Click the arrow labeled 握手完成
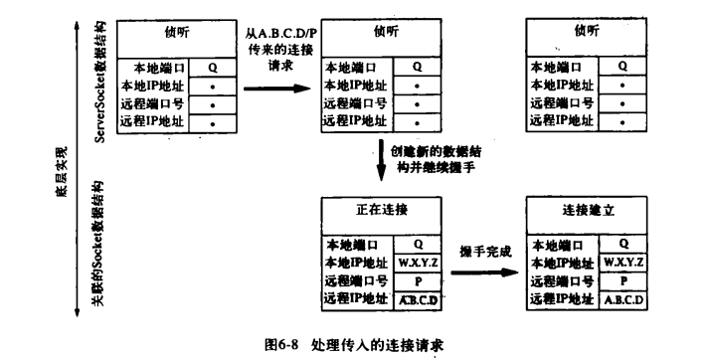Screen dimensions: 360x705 (x=485, y=270)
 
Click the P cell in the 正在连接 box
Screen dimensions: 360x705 (x=419, y=280)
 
